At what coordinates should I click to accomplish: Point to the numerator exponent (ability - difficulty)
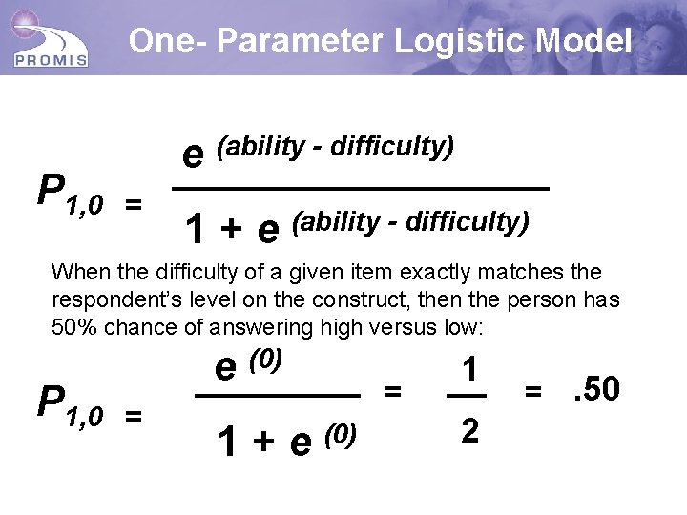pos(335,147)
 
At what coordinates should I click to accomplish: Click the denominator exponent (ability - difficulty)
pos(410,221)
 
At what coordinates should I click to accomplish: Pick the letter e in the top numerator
pos(194,154)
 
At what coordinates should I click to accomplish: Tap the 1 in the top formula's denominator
pos(196,229)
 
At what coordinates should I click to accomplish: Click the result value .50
pos(595,388)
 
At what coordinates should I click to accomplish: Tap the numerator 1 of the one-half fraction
pos(468,369)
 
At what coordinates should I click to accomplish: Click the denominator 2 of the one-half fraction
pos(468,431)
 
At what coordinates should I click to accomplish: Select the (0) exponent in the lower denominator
pos(341,435)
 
